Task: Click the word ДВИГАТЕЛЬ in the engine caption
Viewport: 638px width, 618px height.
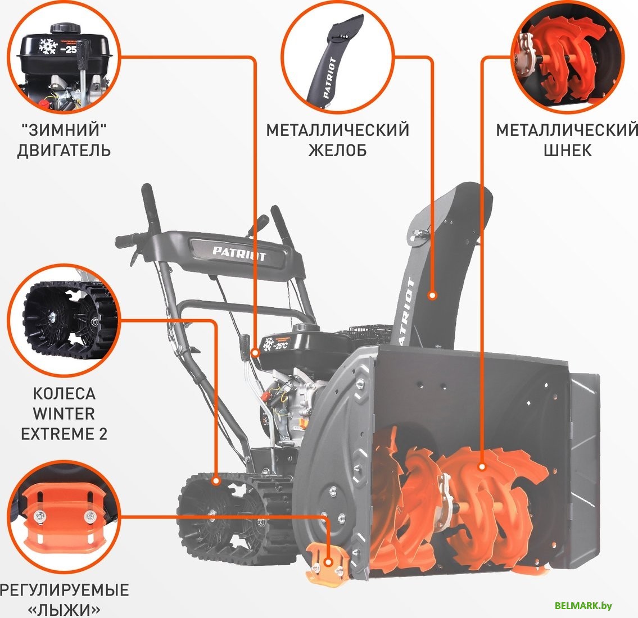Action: pos(64,151)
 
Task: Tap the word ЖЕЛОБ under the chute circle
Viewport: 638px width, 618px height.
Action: pos(337,151)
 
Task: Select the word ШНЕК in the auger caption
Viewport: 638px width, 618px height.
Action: pos(567,151)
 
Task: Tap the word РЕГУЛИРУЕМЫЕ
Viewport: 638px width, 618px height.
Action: pos(64,590)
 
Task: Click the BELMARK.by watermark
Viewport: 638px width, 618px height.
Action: pos(583,605)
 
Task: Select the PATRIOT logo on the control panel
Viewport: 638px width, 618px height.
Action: pos(239,252)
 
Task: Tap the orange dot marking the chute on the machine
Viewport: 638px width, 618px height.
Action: pos(432,295)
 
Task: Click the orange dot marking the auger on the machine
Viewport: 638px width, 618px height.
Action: pos(482,466)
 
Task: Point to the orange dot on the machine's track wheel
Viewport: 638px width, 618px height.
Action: pos(216,481)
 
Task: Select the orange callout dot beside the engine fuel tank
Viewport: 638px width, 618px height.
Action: pos(254,353)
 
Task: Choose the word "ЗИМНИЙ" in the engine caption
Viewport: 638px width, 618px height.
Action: pos(64,130)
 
